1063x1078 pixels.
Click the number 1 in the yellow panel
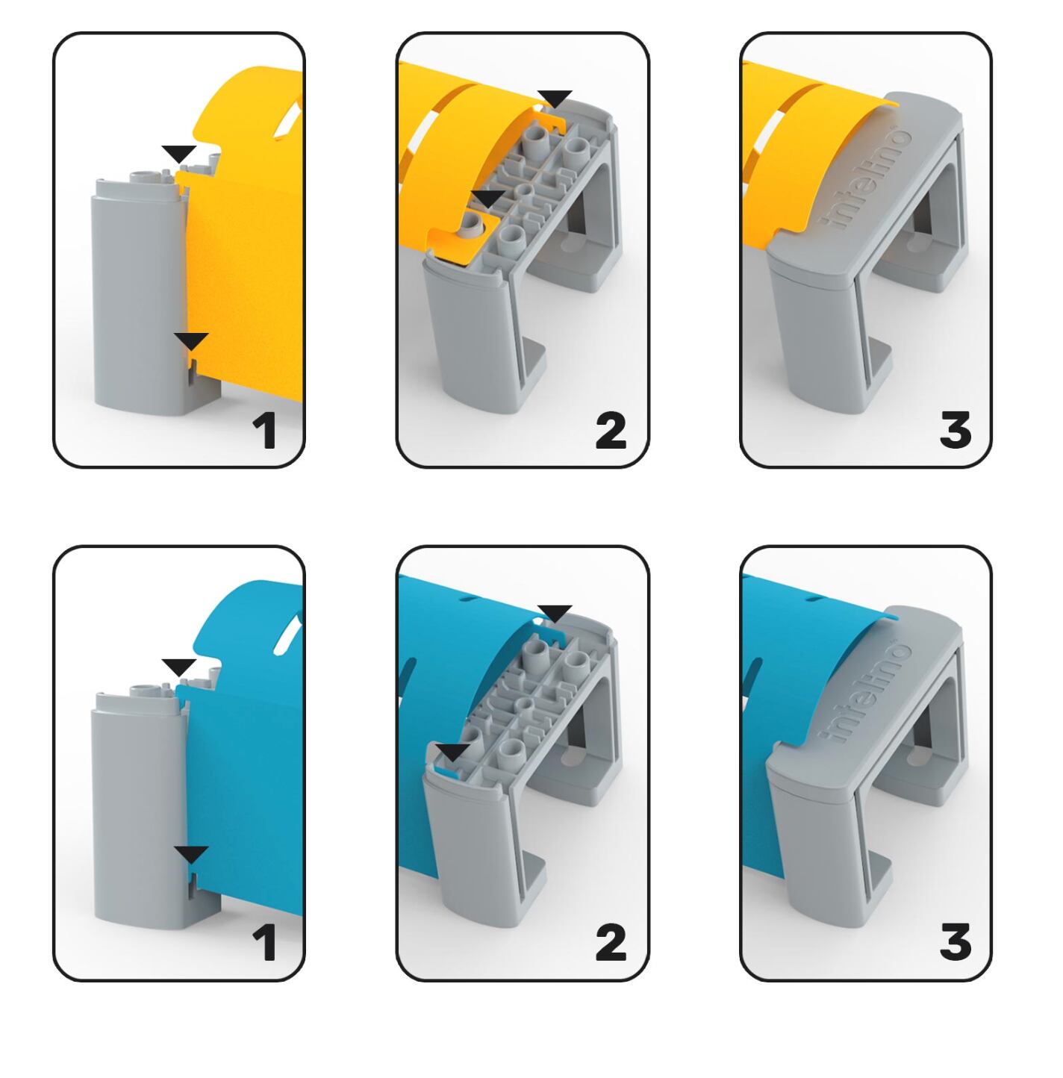point(265,431)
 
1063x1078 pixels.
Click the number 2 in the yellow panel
point(611,431)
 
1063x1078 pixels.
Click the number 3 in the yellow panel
point(955,430)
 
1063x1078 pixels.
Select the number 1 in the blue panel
point(265,944)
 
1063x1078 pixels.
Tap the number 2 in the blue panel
point(611,944)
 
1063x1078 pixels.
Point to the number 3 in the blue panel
point(955,944)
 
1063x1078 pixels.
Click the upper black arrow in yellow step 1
point(179,153)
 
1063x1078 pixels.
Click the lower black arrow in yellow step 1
point(191,340)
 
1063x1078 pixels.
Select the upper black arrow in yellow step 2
point(555,99)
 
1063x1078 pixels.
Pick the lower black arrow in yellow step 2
point(488,199)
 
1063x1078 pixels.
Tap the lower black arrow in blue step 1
point(191,854)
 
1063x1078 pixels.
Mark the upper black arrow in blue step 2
point(555,613)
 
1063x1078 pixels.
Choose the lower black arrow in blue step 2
point(452,752)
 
